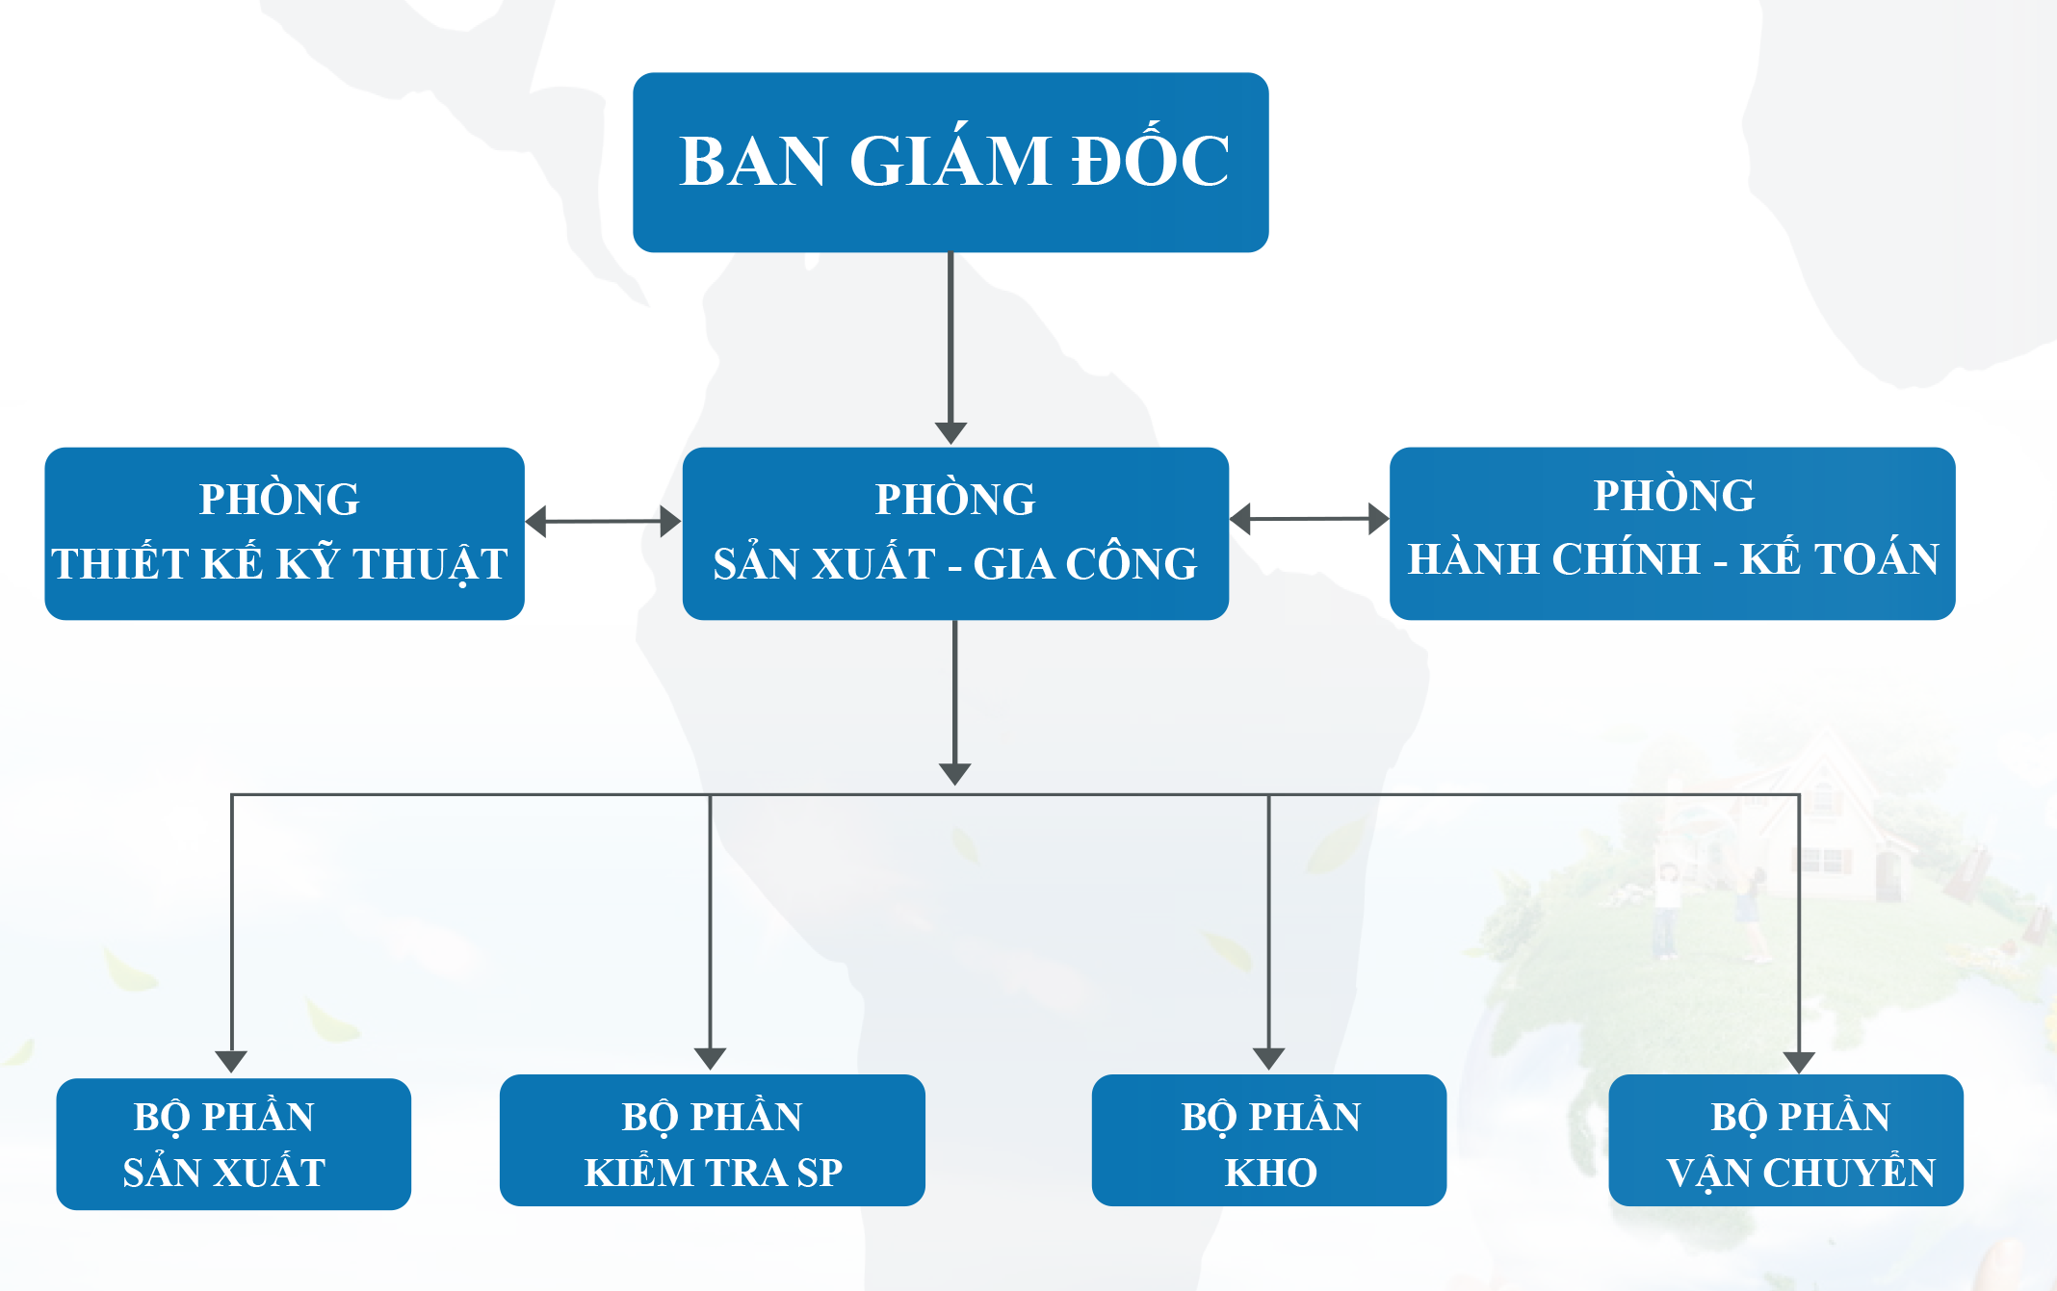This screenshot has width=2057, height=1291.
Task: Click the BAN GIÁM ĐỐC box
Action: point(950,162)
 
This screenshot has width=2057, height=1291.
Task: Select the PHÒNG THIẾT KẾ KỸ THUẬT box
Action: point(284,532)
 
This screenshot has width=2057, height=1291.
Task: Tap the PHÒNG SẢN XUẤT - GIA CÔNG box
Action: point(955,532)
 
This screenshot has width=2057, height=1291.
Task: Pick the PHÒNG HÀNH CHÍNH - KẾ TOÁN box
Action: point(1672,532)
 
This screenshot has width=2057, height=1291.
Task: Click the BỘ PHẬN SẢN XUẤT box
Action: point(233,1144)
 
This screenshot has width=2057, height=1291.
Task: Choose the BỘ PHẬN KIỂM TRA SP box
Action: point(712,1141)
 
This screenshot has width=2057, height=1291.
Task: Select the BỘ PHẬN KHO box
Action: point(1268,1141)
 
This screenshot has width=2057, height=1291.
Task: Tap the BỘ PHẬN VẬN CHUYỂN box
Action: point(1785,1141)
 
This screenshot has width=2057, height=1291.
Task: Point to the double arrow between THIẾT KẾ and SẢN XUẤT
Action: point(603,522)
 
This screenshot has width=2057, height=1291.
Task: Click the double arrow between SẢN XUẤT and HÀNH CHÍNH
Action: point(1310,519)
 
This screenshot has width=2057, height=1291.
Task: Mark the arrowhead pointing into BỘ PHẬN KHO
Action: point(1268,1058)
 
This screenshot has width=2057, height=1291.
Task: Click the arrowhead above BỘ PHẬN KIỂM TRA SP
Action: point(710,1058)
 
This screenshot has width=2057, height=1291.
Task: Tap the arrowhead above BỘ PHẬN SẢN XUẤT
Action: point(231,1061)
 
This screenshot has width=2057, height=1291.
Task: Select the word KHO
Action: point(1270,1173)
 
